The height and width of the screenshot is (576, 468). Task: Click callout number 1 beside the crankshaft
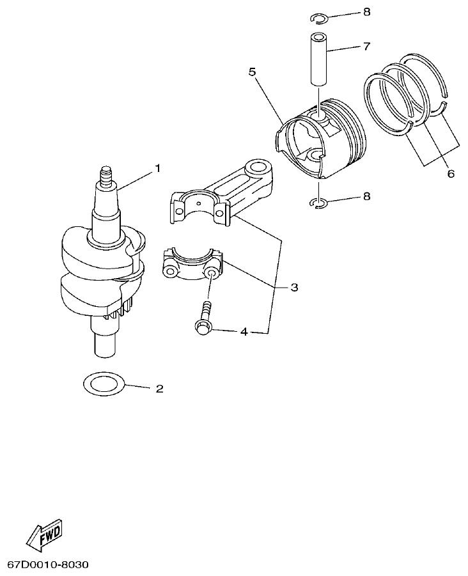pos(157,168)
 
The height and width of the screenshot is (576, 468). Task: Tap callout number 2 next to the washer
pos(159,388)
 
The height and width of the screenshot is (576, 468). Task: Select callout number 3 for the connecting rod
pos(293,288)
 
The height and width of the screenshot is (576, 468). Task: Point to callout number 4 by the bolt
pos(243,332)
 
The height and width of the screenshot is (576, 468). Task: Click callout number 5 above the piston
pos(252,72)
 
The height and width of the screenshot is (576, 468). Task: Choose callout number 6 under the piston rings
pos(450,173)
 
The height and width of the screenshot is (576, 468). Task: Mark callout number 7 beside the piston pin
pos(366,46)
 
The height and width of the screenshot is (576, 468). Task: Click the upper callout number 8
pos(366,12)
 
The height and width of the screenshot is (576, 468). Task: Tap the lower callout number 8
pos(366,196)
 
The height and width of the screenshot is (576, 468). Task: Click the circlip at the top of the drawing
pos(320,17)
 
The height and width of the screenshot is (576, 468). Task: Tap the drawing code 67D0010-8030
pos(48,566)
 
